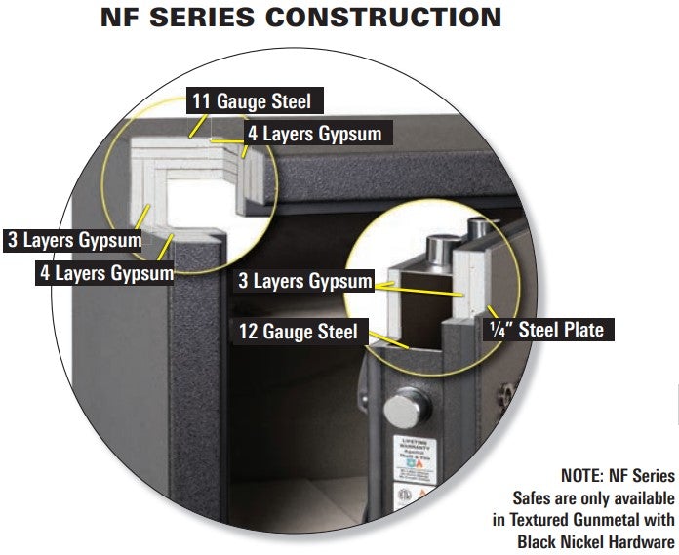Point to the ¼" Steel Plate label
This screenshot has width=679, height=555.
[x=545, y=330]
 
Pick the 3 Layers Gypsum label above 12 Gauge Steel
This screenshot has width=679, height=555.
[x=305, y=281]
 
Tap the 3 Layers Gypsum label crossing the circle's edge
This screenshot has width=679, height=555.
[x=73, y=239]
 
